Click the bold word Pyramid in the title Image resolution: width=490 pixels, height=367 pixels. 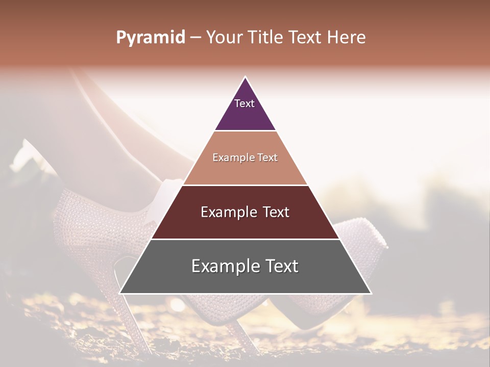click(x=151, y=38)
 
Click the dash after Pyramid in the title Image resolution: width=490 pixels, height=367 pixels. click(x=195, y=38)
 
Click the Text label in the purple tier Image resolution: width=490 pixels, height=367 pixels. click(x=244, y=103)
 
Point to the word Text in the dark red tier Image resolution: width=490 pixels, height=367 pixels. click(x=276, y=212)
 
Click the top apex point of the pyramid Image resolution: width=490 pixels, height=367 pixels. click(x=246, y=77)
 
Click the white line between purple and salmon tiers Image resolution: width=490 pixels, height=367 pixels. click(x=245, y=131)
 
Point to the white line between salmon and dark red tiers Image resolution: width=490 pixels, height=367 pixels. click(x=245, y=185)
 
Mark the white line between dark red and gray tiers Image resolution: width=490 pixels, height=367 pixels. click(x=245, y=239)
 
